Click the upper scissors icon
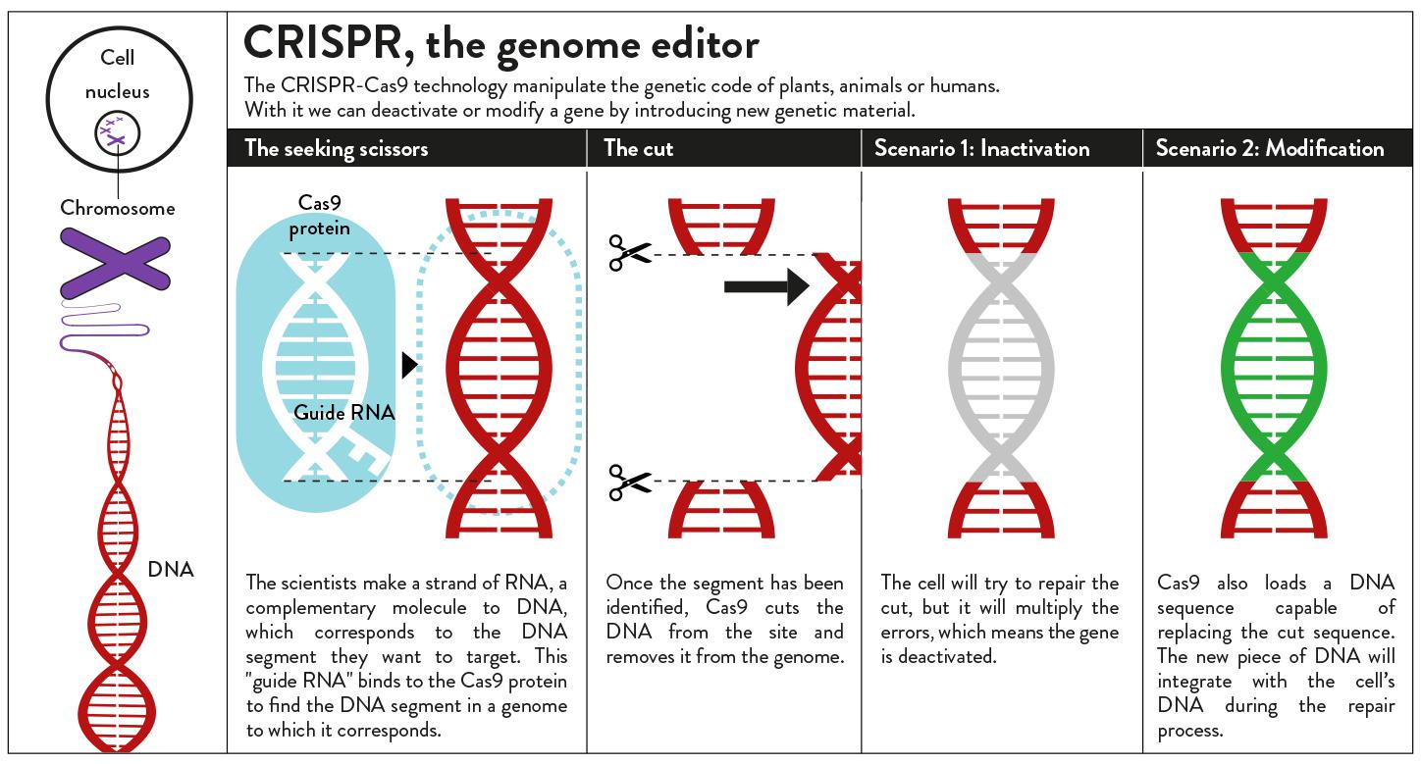(x=630, y=253)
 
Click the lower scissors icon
(x=630, y=483)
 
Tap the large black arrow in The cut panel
(x=766, y=286)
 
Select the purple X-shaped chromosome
(x=116, y=263)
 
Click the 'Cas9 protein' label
(x=319, y=215)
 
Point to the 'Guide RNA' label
(x=343, y=412)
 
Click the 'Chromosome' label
(x=118, y=208)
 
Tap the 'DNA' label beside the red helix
(x=171, y=570)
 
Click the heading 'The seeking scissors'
(x=337, y=148)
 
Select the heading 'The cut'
(x=638, y=148)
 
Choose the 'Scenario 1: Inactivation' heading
(x=982, y=148)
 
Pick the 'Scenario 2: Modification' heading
(x=1270, y=148)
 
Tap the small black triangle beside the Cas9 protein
(x=410, y=365)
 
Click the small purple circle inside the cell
(x=118, y=133)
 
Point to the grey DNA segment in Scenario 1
(x=1001, y=368)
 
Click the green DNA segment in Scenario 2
(x=1274, y=368)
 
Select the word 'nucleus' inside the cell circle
(x=118, y=92)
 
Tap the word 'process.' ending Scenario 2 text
(x=1190, y=731)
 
